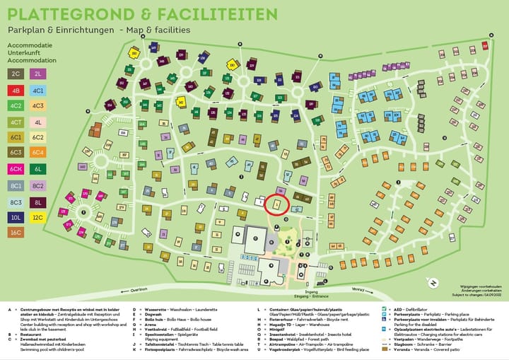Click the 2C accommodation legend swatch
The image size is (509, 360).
pyautogui.click(x=16, y=73)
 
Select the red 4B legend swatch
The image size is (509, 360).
pyautogui.click(x=16, y=91)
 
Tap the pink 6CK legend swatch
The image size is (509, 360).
pyautogui.click(x=16, y=169)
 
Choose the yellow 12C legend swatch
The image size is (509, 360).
pyautogui.click(x=38, y=219)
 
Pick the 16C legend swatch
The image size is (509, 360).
pyautogui.click(x=16, y=232)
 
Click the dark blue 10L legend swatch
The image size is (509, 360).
pyautogui.click(x=16, y=219)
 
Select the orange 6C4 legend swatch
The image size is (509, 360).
pyautogui.click(x=38, y=152)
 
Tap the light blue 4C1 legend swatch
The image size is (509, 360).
pyautogui.click(x=38, y=91)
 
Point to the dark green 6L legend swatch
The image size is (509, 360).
pyautogui.click(x=38, y=169)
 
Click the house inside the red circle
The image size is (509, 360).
pyautogui.click(x=277, y=204)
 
